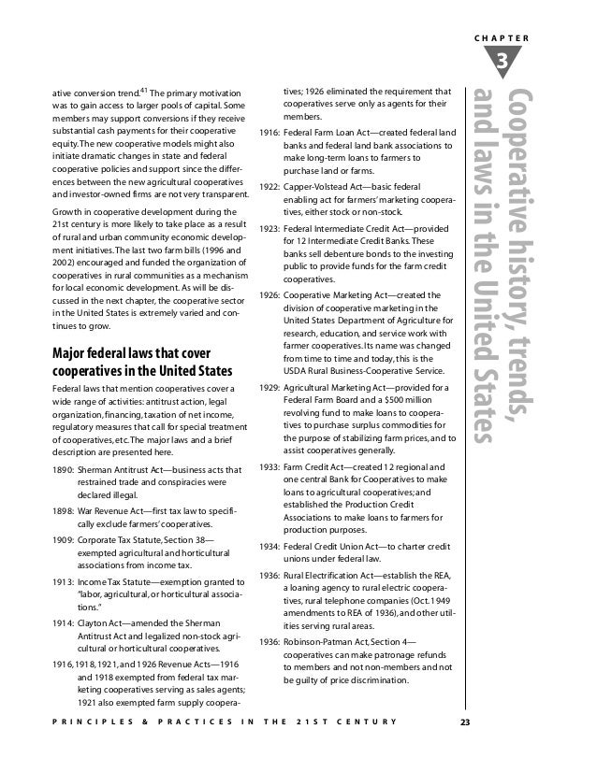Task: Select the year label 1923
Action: (x=269, y=227)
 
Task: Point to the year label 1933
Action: (x=269, y=465)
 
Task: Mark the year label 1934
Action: (x=269, y=546)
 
